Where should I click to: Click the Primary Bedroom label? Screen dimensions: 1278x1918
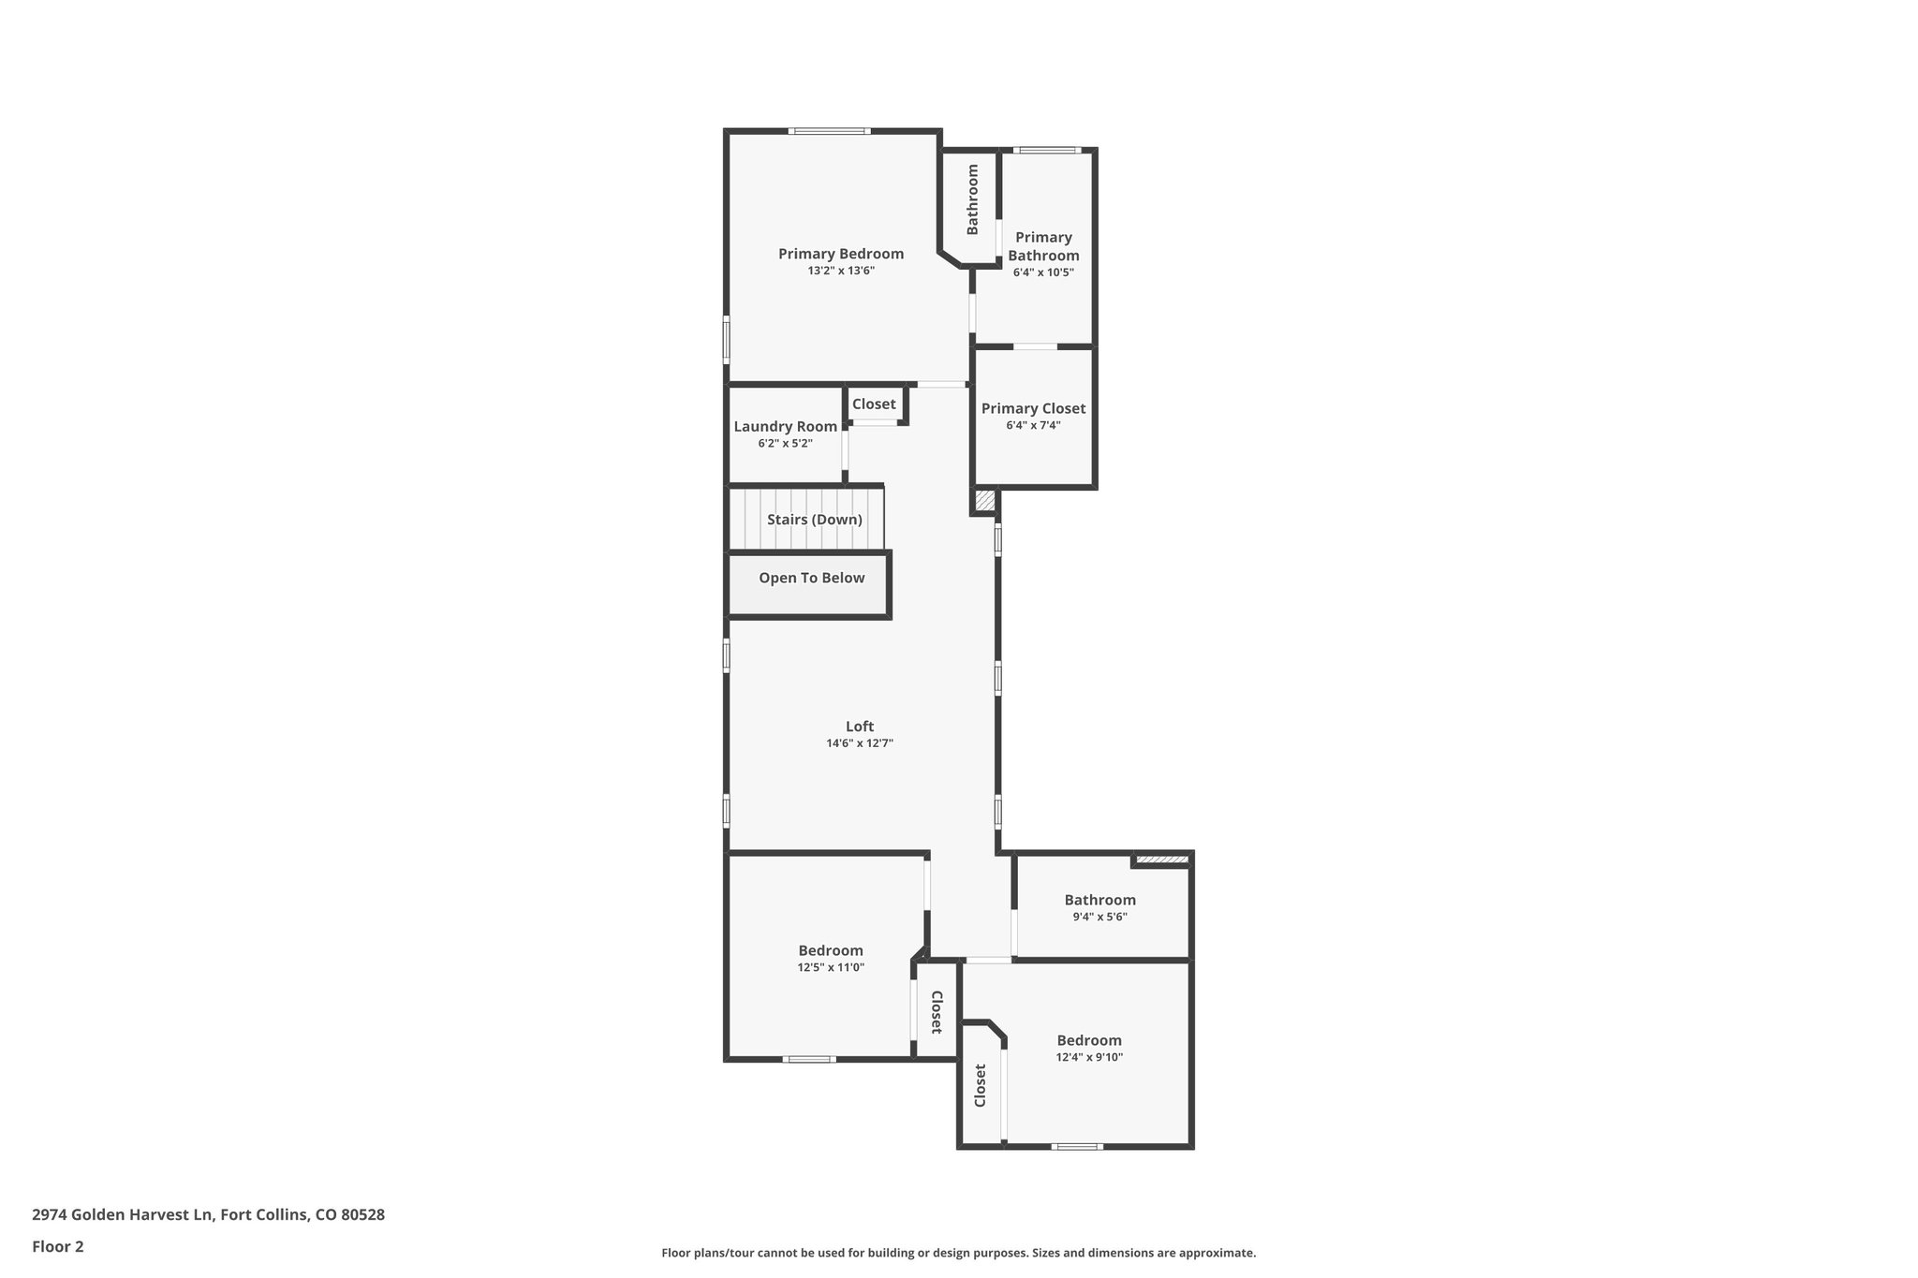click(x=840, y=254)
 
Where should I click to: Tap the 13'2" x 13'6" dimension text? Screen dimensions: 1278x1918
click(x=840, y=272)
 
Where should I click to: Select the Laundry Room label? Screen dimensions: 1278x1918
click(x=785, y=427)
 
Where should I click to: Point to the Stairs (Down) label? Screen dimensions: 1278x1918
click(x=814, y=520)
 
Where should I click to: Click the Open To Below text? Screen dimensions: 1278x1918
click(x=811, y=579)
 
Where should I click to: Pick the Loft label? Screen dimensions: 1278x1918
click(x=859, y=727)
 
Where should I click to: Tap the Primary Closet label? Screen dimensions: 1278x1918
click(x=1033, y=409)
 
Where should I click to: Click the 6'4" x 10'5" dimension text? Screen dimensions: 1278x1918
click(x=1042, y=273)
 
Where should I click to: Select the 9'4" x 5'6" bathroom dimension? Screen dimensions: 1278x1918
click(x=1099, y=918)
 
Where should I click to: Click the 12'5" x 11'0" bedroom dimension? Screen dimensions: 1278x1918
click(x=830, y=968)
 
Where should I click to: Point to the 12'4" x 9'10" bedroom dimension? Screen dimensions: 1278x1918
click(x=1088, y=1058)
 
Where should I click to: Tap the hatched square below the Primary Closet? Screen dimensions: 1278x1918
click(x=984, y=501)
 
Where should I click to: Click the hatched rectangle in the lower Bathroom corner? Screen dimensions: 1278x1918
click(x=1161, y=859)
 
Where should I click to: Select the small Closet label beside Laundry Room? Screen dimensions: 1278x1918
click(x=873, y=404)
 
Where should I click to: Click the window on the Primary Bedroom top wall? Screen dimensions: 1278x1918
click(x=829, y=131)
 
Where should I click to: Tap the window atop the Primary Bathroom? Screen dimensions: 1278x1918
click(x=1047, y=150)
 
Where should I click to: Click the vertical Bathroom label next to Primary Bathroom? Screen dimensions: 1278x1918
click(x=972, y=199)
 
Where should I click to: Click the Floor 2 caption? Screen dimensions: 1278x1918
click(x=57, y=1247)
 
